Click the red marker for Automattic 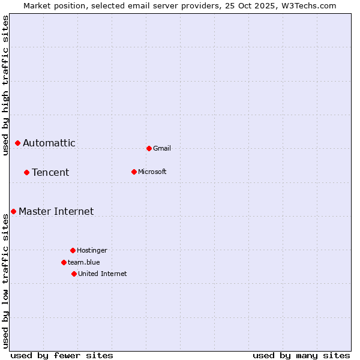[x=18, y=143]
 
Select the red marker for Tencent [x=26, y=172]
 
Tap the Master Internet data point [x=13, y=211]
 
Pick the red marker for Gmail [x=149, y=148]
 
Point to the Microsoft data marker [x=134, y=172]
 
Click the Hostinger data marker [x=73, y=250]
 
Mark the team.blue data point [x=64, y=262]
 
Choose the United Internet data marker [x=74, y=274]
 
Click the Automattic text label [x=49, y=143]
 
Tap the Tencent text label [x=50, y=172]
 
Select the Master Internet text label [x=56, y=211]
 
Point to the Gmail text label [x=162, y=148]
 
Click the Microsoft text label [x=152, y=172]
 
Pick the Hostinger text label [x=92, y=250]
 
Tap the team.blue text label [x=84, y=262]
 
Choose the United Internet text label [x=103, y=274]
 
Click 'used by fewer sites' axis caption [x=62, y=355]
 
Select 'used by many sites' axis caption [x=301, y=355]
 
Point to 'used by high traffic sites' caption [x=5, y=85]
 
